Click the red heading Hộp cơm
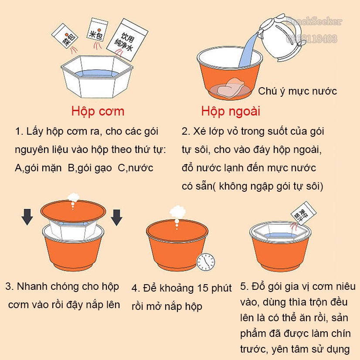point(98,112)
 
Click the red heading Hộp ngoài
point(231,112)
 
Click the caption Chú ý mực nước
point(297,92)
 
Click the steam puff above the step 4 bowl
point(177,212)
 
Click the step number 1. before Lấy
point(19,131)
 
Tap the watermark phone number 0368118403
point(312,39)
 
